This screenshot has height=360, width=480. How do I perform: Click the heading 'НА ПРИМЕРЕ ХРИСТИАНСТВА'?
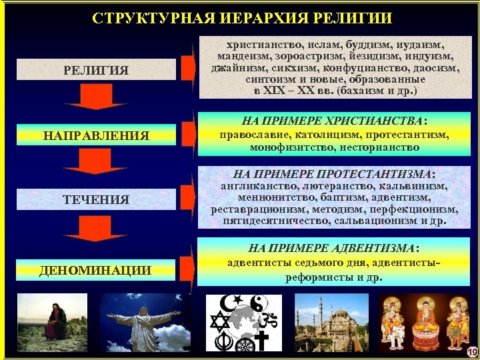pos(333,120)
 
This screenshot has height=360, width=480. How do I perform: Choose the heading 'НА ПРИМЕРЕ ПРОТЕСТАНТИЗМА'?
pos(333,173)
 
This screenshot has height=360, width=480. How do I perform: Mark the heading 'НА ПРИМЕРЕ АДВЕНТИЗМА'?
pos(333,248)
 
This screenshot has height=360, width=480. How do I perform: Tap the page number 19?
pos(472,351)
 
